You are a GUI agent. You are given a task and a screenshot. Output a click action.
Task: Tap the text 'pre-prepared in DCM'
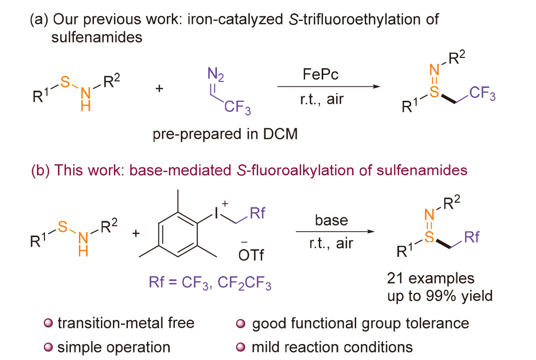225,134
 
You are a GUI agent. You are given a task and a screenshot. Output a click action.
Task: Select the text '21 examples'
431,278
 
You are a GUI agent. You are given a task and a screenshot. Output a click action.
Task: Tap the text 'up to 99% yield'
440,296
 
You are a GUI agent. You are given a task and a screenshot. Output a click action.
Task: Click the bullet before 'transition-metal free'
48,323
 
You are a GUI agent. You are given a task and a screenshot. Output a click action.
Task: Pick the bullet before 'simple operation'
48,347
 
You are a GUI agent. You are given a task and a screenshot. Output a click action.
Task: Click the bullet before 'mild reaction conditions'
241,347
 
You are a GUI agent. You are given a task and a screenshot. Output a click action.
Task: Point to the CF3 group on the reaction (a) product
483,93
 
